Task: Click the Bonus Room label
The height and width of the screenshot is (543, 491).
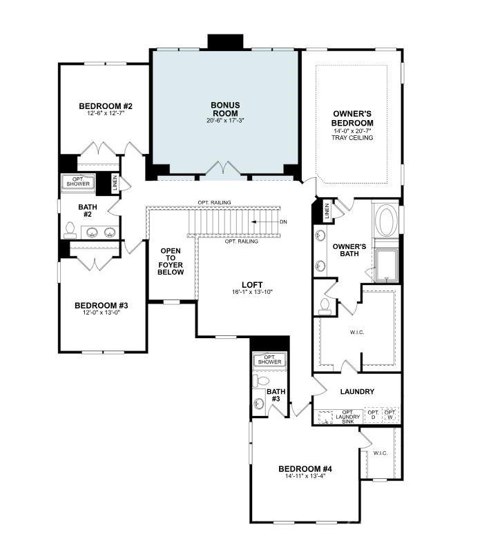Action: pos(225,109)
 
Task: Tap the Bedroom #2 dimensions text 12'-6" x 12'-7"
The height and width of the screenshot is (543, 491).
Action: pos(106,115)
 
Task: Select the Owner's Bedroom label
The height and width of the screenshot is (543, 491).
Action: pos(352,118)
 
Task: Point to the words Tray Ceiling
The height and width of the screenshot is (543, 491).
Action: pos(352,138)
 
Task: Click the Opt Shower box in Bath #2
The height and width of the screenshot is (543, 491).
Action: pos(78,182)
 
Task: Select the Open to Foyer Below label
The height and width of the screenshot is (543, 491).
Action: pos(171,261)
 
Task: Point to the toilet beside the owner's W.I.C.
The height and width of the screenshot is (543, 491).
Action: pos(325,304)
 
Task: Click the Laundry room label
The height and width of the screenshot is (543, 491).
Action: pos(357,391)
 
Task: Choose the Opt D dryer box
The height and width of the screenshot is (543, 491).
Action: pos(374,415)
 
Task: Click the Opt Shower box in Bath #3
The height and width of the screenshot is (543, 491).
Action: pos(269,359)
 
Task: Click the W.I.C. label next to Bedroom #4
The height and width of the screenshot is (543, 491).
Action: pos(381,453)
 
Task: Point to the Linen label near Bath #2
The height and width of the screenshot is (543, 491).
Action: pos(115,184)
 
